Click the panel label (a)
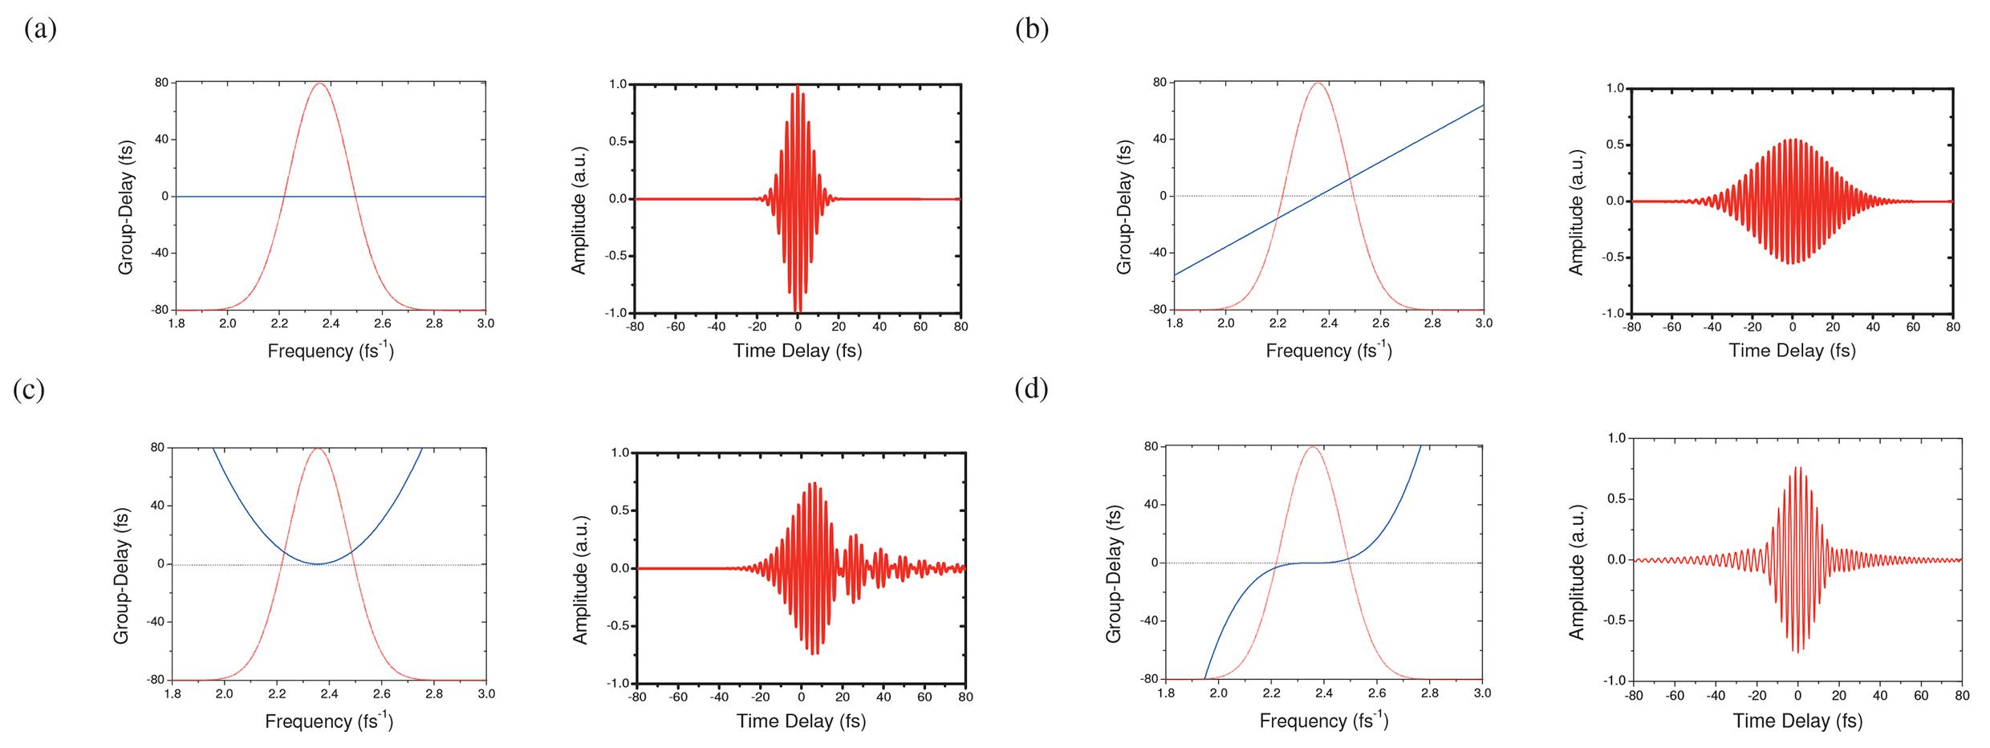[x=40, y=30]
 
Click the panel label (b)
[x=1032, y=30]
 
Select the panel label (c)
[x=29, y=389]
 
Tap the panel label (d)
[x=1031, y=389]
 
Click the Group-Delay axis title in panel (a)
[x=126, y=208]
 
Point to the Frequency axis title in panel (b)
[x=1329, y=351]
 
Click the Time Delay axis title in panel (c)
[x=801, y=721]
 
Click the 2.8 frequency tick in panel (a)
[x=434, y=324]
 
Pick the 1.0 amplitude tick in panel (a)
[x=618, y=84]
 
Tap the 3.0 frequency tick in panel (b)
[x=1484, y=323]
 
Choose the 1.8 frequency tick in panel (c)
[x=172, y=693]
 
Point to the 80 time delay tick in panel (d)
[x=1962, y=695]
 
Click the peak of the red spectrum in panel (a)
[x=320, y=83]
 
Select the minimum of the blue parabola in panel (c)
[x=318, y=564]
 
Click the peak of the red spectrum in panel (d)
[x=1312, y=447]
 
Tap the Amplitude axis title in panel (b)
[x=1577, y=212]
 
